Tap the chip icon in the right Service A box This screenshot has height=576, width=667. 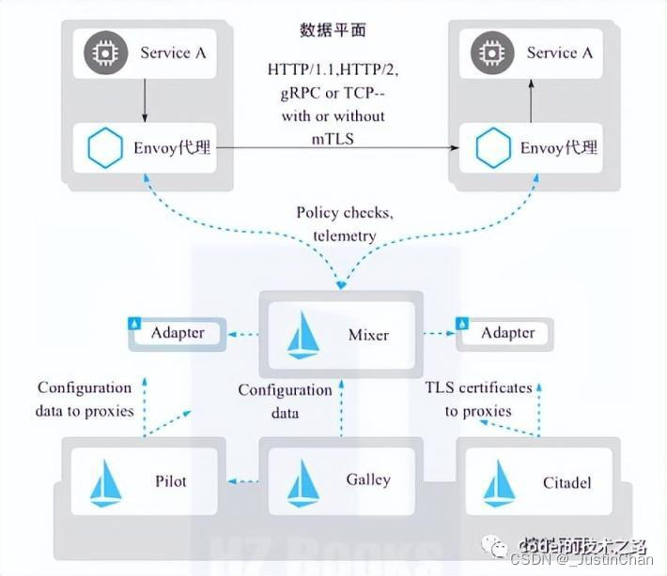pyautogui.click(x=489, y=53)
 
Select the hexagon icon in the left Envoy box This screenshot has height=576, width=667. pyautogui.click(x=103, y=148)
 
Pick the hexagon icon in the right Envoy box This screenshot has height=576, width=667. pyautogui.click(x=492, y=148)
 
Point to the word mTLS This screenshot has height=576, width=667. pyautogui.click(x=333, y=137)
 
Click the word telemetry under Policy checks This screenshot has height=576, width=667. pyautogui.click(x=345, y=235)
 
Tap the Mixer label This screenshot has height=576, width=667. pyautogui.click(x=368, y=334)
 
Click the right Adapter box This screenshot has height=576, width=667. pyautogui.click(x=504, y=333)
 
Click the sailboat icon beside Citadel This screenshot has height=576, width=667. pyautogui.click(x=497, y=482)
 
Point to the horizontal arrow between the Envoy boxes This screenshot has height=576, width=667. pyautogui.click(x=338, y=148)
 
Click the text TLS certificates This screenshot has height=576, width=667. pyautogui.click(x=478, y=387)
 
